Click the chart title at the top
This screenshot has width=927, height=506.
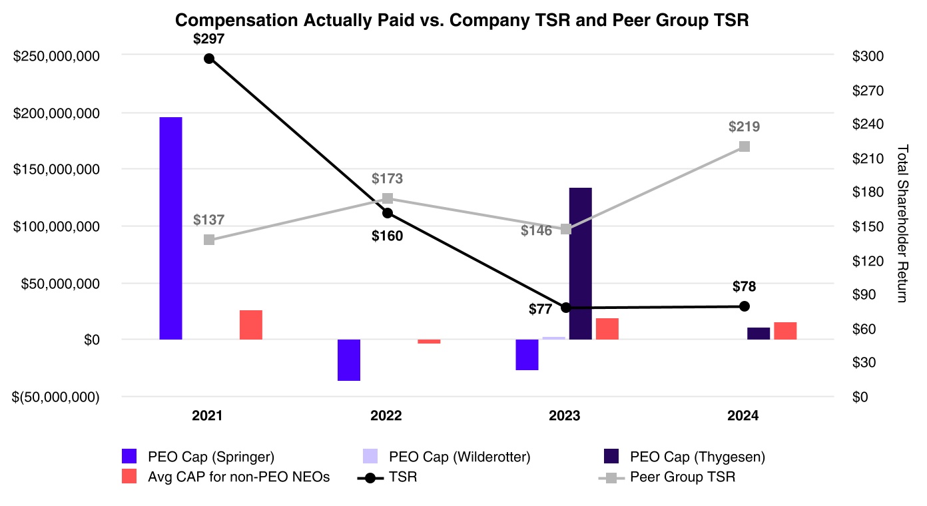coord(462,21)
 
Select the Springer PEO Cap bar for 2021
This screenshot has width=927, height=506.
coord(170,228)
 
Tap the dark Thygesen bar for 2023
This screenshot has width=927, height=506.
coord(580,263)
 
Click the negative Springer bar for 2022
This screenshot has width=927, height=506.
coord(349,360)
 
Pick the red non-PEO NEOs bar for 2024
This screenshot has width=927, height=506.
coord(785,331)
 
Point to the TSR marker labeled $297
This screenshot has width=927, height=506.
coord(209,59)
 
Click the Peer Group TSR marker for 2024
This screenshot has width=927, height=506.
coord(745,146)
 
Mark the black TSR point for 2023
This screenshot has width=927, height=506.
coord(566,308)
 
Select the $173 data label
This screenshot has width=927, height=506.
coord(388,178)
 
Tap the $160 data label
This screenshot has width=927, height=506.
coord(387,236)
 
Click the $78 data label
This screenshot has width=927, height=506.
coord(745,287)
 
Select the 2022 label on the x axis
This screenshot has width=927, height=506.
coord(386,416)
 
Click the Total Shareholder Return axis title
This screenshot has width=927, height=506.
coord(902,223)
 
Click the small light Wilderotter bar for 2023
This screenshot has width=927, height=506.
coord(553,338)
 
